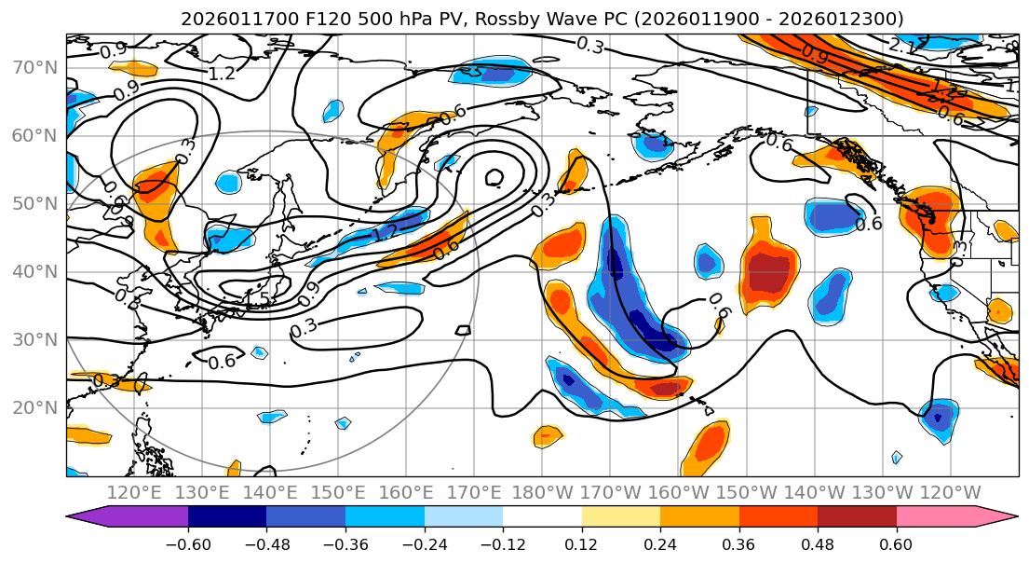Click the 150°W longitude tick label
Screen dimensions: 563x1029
(x=747, y=492)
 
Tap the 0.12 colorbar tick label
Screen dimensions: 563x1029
(x=581, y=543)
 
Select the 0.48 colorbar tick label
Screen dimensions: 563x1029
(x=818, y=543)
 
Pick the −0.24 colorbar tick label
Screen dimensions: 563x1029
(x=424, y=543)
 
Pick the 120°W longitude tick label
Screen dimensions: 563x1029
(x=950, y=492)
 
